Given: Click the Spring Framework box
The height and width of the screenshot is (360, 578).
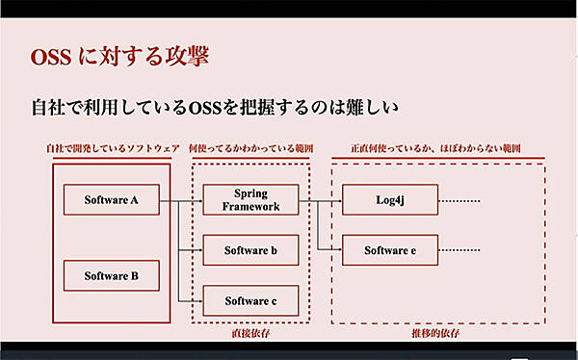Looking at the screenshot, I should tap(250, 200).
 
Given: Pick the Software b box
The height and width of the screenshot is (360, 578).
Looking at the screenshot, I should tap(250, 250).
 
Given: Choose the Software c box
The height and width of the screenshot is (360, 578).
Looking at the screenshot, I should tap(250, 301).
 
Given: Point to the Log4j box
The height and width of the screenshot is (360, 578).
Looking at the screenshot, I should tap(390, 200).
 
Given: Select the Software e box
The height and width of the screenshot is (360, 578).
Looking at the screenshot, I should tap(390, 250).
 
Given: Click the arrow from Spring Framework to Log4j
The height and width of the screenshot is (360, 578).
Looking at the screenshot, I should tap(320, 200).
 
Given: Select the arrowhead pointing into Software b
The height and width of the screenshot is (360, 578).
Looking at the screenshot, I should tap(199, 250).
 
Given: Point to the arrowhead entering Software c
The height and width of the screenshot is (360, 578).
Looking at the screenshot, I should tap(199, 301).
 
